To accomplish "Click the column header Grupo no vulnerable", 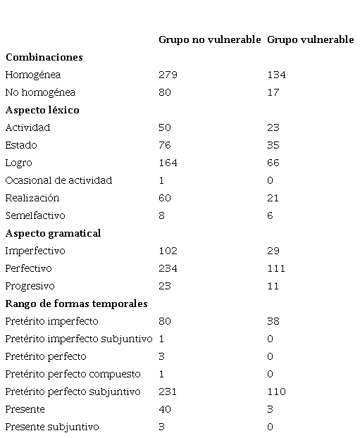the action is (210, 40).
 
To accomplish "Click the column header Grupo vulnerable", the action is (311, 40).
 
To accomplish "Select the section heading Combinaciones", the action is (44, 57).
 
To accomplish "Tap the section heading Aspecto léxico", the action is (42, 110).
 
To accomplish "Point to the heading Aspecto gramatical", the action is (53, 233).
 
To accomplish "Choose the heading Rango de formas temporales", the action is (76, 304).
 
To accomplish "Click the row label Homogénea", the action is (33, 75).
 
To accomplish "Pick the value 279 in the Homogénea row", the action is (168, 75).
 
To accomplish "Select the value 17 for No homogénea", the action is (273, 92).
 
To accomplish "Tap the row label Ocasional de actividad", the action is (58, 180).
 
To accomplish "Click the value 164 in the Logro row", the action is (168, 163).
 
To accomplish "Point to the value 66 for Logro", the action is (273, 163).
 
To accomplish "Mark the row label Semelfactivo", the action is (35, 215).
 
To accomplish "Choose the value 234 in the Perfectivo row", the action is (168, 268).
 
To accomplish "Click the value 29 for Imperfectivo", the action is (273, 251).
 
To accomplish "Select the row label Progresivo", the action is (30, 287).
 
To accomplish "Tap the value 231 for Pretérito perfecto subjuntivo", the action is (168, 392).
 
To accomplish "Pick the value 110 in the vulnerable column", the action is (276, 392).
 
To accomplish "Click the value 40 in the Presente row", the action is (165, 409).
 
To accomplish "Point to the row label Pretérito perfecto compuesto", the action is (73, 375).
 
